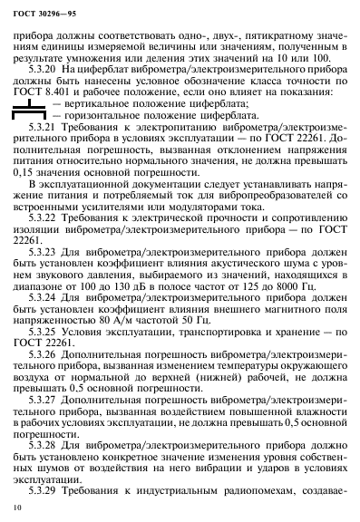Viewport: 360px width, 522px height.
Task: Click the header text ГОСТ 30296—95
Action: (x=47, y=10)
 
